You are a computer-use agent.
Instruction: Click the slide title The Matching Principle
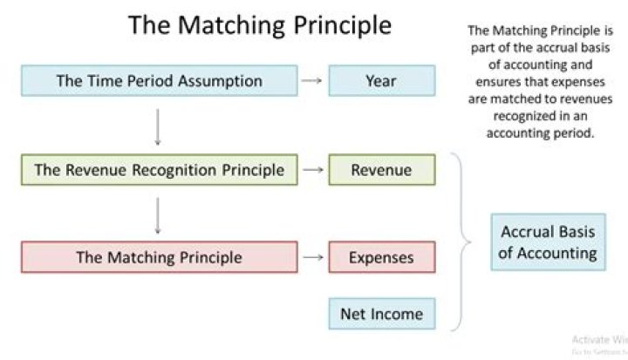[259, 24]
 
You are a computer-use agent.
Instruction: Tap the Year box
[380, 81]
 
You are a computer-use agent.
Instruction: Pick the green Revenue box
[380, 170]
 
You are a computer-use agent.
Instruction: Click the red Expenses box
[380, 257]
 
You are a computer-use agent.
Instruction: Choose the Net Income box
[380, 314]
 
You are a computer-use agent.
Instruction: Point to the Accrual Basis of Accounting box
[548, 242]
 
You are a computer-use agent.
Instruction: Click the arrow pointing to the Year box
[311, 81]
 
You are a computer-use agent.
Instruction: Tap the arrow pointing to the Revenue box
[311, 170]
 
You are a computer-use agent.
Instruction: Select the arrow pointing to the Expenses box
[311, 257]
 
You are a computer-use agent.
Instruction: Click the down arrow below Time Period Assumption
[158, 126]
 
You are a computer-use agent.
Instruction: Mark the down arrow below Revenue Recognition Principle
[158, 214]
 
